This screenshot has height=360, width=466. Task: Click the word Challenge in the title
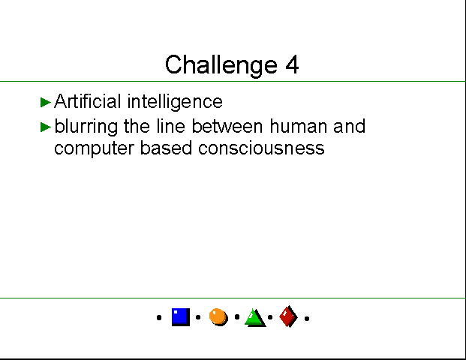click(221, 65)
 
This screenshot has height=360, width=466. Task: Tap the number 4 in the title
click(292, 64)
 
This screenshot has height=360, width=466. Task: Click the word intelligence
click(175, 102)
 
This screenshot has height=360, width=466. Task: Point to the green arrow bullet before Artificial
click(46, 102)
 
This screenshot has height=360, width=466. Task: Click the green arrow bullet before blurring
click(46, 127)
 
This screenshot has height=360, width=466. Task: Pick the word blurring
click(86, 127)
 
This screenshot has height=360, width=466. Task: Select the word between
click(227, 126)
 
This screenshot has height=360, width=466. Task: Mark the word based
click(166, 148)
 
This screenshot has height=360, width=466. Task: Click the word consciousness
click(261, 148)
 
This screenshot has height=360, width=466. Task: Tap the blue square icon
click(181, 317)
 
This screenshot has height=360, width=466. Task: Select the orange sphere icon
click(218, 317)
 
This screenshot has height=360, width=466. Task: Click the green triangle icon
click(255, 318)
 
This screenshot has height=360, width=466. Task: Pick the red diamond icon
click(288, 316)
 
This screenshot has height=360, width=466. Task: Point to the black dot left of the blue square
click(159, 318)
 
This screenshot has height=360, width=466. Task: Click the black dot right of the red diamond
click(307, 319)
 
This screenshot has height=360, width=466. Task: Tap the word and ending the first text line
click(349, 126)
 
